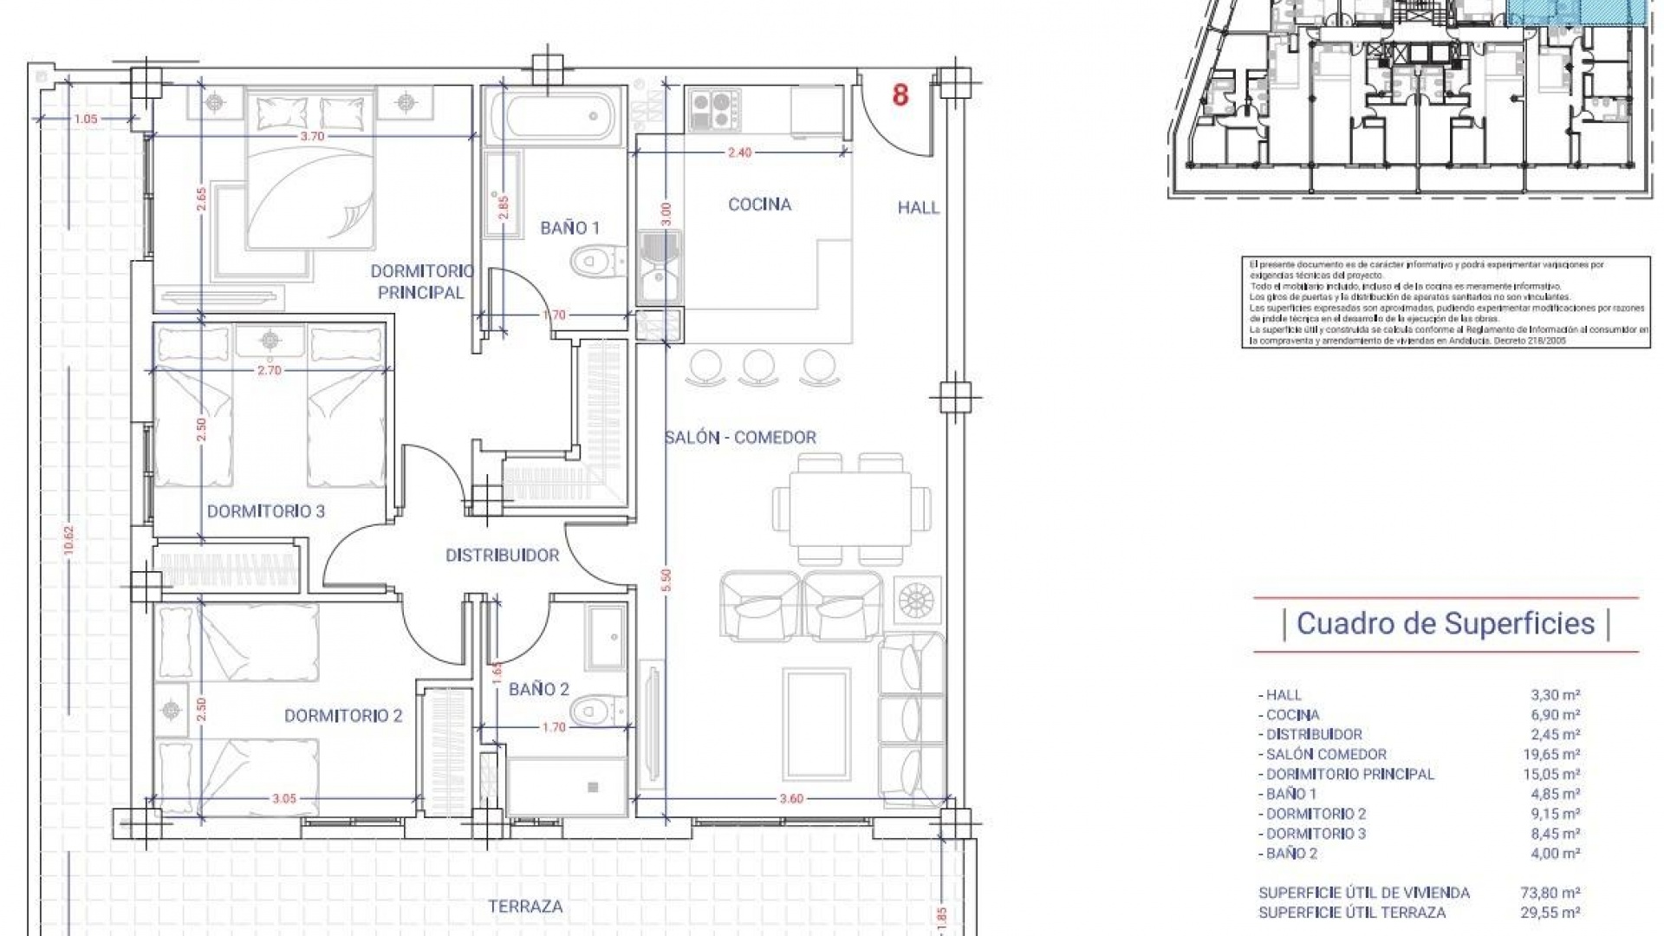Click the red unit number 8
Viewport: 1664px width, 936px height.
coord(900,95)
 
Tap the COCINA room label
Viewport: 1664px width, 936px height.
coord(759,205)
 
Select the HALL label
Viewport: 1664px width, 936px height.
coord(918,207)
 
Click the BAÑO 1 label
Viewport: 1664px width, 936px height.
coord(569,228)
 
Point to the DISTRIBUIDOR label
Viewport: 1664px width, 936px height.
coord(503,556)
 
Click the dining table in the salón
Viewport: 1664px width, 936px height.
coord(851,508)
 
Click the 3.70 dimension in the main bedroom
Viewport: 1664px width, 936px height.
coord(312,136)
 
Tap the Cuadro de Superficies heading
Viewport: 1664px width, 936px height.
coord(1446,623)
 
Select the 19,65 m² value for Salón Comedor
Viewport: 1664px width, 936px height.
coord(1556,755)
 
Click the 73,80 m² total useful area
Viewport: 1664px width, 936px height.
coord(1556,893)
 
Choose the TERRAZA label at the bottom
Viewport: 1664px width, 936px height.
coord(525,907)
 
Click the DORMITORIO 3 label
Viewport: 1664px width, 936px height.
coord(265,511)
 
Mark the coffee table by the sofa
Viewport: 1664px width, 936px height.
coord(816,723)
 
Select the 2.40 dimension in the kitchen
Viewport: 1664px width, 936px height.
coord(739,153)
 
